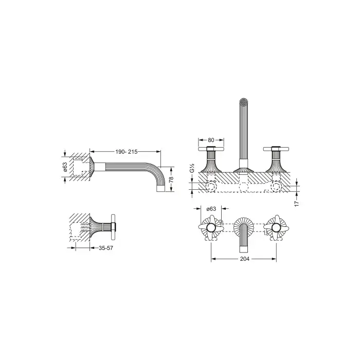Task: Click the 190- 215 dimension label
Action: coord(127,152)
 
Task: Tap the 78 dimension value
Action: coord(171,179)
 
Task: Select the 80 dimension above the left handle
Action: coord(211,140)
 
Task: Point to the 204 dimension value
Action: coord(245,259)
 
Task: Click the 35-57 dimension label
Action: coord(106,248)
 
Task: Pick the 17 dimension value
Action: coord(297,204)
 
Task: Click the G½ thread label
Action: coord(192,168)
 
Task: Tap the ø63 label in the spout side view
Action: coord(65,167)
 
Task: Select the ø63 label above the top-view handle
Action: coord(211,209)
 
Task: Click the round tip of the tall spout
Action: coord(244,102)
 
